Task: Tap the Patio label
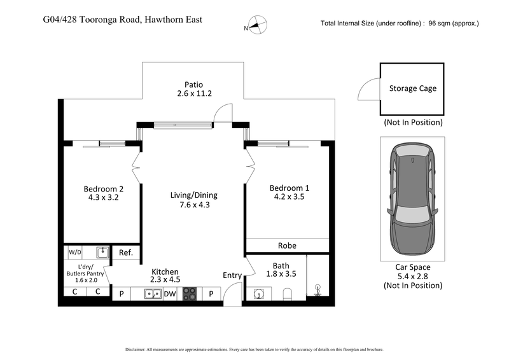pos(193,84)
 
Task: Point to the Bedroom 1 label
pos(289,188)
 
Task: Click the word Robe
pos(287,246)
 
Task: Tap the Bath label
pos(281,265)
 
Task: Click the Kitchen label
pos(165,272)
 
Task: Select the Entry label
pos(232,275)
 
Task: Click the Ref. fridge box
pos(126,253)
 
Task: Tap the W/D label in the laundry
pos(75,253)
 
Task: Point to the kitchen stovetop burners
pos(190,294)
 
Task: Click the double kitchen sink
pos(152,294)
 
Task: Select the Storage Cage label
pos(413,88)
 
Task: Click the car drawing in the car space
pos(413,199)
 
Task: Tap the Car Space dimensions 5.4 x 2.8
pos(413,276)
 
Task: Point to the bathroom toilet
pos(287,293)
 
